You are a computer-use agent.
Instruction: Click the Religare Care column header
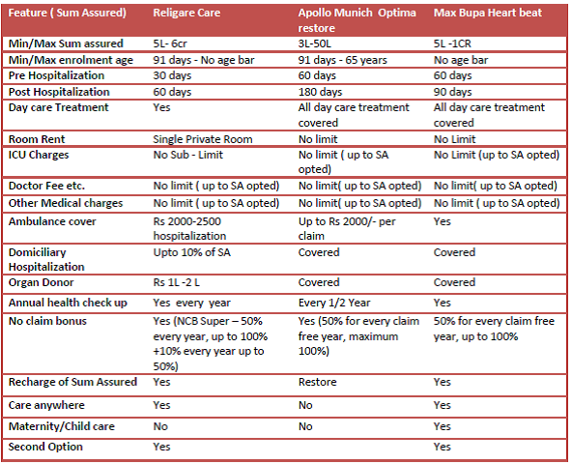click(x=186, y=13)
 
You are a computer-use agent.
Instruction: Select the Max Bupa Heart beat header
click(x=488, y=13)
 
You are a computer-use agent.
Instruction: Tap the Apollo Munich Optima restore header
click(x=357, y=20)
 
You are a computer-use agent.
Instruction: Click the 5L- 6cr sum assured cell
click(x=170, y=43)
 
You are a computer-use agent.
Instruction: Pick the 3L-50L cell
click(x=314, y=43)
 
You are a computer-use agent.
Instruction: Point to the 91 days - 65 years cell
click(x=343, y=60)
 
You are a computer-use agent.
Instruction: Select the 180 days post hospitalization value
click(x=320, y=92)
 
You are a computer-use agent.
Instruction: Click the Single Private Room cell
click(x=203, y=139)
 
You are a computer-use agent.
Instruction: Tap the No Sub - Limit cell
click(x=187, y=155)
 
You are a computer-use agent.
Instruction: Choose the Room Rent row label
click(x=37, y=139)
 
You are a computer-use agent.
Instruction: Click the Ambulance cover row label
click(x=52, y=221)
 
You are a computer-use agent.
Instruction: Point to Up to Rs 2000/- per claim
click(x=347, y=228)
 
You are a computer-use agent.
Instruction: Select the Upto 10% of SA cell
click(x=192, y=252)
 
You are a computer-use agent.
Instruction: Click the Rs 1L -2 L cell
click(x=176, y=282)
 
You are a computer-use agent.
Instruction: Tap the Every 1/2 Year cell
click(x=334, y=303)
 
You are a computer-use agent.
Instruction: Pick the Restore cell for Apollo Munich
click(x=317, y=382)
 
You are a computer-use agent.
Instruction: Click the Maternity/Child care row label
click(x=62, y=426)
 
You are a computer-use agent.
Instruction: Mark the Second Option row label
click(x=45, y=447)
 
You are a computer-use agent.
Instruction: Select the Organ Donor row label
click(x=41, y=282)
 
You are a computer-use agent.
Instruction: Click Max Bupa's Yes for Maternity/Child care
click(x=443, y=426)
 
